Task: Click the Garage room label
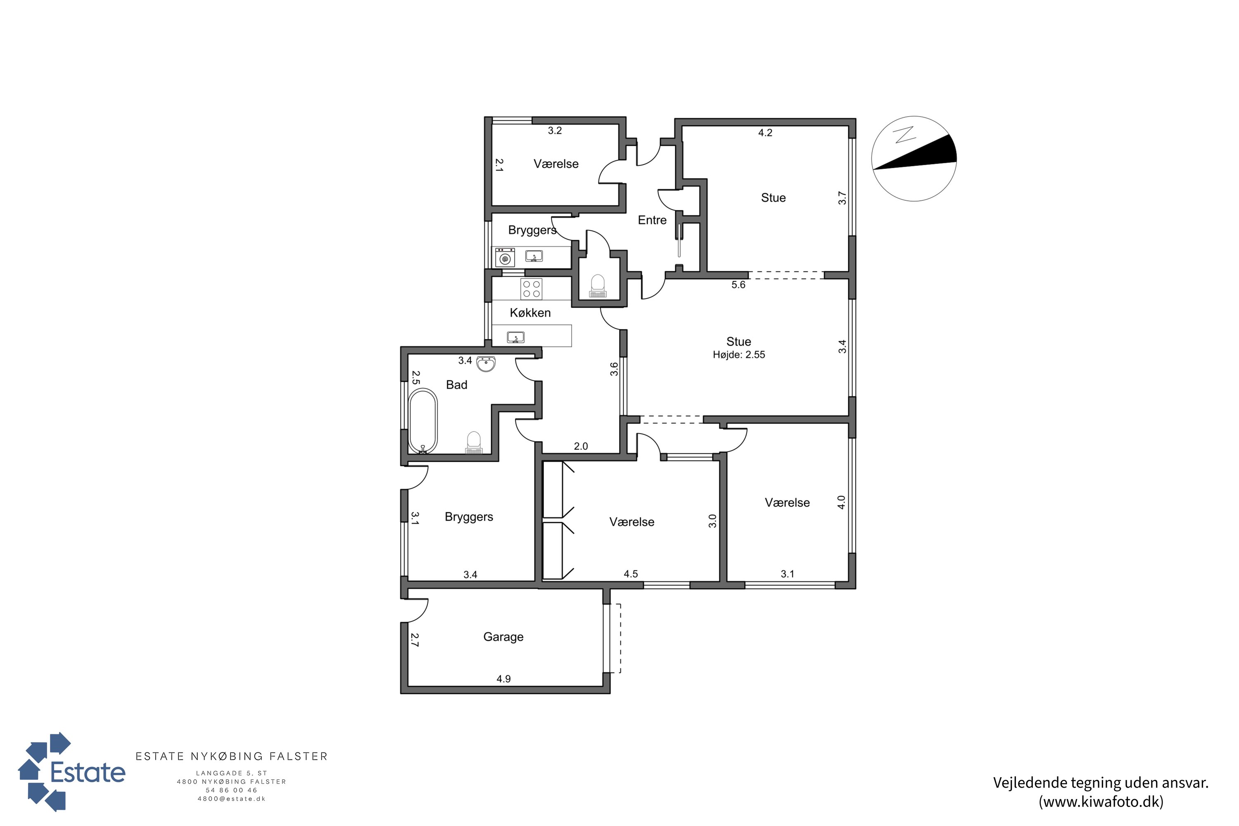pos(503,637)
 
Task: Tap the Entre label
pos(652,220)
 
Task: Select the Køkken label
pos(530,313)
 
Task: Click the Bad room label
pos(457,385)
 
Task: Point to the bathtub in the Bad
pos(423,421)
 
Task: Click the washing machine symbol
pos(505,258)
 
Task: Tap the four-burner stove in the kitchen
pos(531,289)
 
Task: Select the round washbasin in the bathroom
pos(486,363)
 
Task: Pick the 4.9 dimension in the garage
pos(503,679)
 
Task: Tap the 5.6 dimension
pos(738,285)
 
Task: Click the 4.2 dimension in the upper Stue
pos(765,133)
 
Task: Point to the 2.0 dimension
pos(581,446)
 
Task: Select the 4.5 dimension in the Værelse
pos(631,574)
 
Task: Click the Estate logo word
pos(88,773)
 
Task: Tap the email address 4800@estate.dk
pos(232,799)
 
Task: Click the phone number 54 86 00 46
pos(232,790)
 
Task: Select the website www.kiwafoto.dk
pos(1101,801)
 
